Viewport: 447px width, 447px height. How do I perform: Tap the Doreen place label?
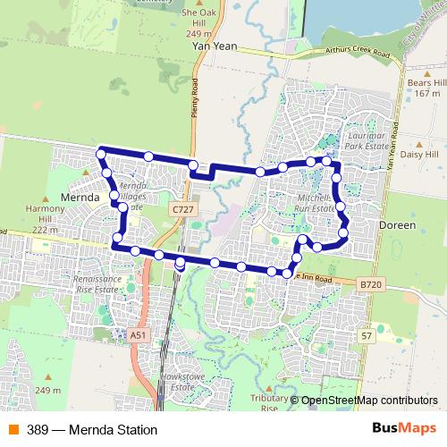coord(398,225)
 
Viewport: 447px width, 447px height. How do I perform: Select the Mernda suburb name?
coord(78,196)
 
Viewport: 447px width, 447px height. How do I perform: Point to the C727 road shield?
coord(183,208)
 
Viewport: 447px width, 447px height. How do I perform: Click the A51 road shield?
coord(137,334)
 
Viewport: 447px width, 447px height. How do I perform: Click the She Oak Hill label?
coord(199,20)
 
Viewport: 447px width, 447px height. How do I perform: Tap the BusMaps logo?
coord(405,429)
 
